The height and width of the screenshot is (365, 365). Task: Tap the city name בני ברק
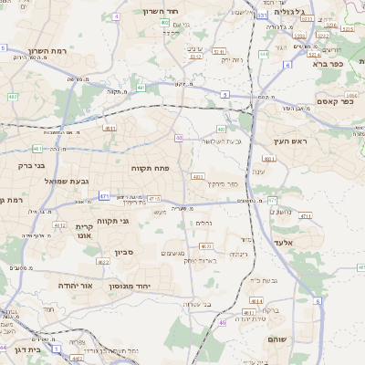pos(31,166)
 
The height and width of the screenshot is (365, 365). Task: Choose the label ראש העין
pos(292,141)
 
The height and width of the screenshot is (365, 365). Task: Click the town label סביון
pos(124,251)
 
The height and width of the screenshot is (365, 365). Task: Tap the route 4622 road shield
pos(102,262)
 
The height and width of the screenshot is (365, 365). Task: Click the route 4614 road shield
pos(246,313)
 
